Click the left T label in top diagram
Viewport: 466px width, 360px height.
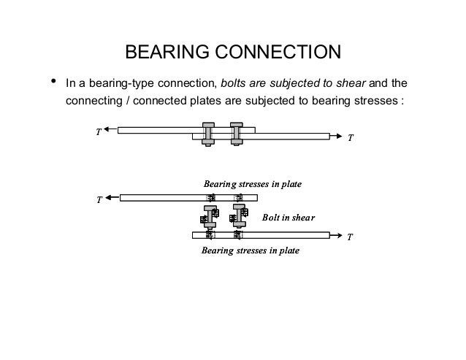pos(98,132)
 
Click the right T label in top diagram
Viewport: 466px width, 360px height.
pos(350,137)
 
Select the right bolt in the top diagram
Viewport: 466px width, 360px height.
pos(236,133)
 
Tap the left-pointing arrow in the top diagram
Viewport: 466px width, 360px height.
pos(110,130)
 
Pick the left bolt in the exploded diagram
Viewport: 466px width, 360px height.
pos(209,217)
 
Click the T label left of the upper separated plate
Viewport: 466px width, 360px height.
pos(98,199)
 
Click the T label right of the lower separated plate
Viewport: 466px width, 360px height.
pos(350,237)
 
